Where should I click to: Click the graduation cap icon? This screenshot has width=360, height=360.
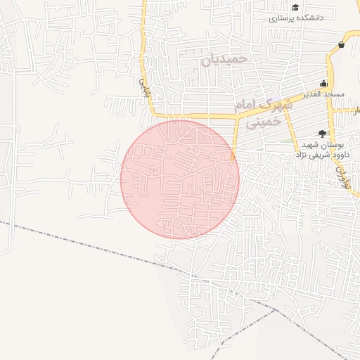[x=275, y=8]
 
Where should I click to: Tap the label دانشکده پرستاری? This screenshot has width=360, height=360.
[x=296, y=18]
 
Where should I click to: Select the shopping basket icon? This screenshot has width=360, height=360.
[x=341, y=45]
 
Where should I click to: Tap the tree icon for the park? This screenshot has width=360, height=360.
[x=322, y=132]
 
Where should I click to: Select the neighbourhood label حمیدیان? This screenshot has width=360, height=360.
[x=225, y=59]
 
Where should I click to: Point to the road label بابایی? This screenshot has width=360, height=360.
[x=144, y=87]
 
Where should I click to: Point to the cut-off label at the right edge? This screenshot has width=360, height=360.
[x=356, y=110]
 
